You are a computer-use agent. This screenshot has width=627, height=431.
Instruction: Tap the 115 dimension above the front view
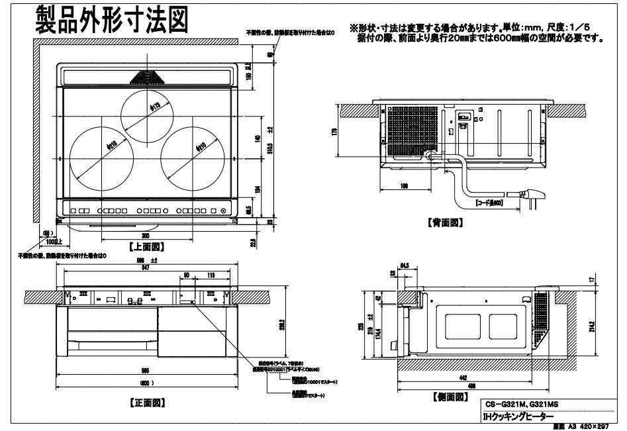pyautogui.click(x=211, y=275)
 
